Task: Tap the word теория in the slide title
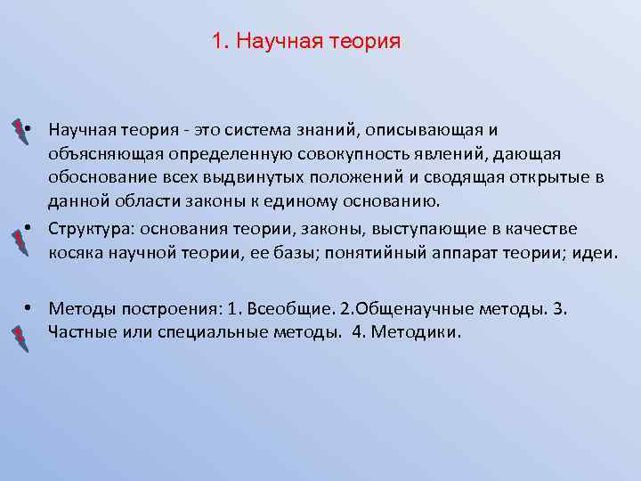[x=366, y=42]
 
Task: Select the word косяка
[x=77, y=253]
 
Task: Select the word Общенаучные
[x=409, y=309]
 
